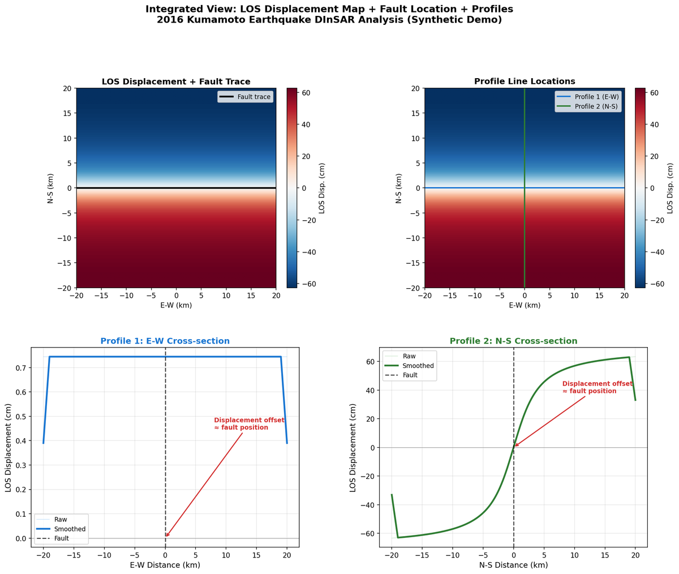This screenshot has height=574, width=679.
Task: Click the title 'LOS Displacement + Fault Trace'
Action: click(x=176, y=82)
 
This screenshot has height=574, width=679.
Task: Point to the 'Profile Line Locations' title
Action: click(x=525, y=82)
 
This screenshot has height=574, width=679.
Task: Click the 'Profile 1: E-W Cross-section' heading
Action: click(x=165, y=341)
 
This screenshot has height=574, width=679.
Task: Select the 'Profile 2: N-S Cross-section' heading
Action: click(x=513, y=341)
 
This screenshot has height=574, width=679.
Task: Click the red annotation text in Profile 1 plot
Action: click(x=249, y=424)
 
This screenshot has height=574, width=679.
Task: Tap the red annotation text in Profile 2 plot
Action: click(x=597, y=388)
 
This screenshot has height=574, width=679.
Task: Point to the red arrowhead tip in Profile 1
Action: click(x=166, y=537)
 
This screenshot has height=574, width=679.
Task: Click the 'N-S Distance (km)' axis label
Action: click(x=513, y=565)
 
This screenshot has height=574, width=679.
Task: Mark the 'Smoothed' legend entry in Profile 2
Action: click(x=418, y=366)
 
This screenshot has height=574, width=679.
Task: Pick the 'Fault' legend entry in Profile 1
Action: click(x=61, y=538)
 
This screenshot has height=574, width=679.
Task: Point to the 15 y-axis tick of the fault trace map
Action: click(x=67, y=113)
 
